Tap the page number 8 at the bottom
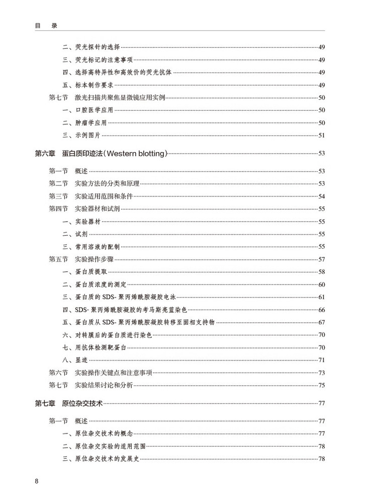click(37, 481)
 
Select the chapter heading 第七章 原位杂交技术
click(68, 403)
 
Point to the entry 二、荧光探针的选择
click(91, 47)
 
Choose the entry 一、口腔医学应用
click(87, 110)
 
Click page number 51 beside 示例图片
click(322, 135)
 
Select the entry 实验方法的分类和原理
click(107, 183)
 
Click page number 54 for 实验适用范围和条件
click(322, 196)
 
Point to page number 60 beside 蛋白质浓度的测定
click(322, 284)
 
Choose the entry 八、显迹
click(75, 360)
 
